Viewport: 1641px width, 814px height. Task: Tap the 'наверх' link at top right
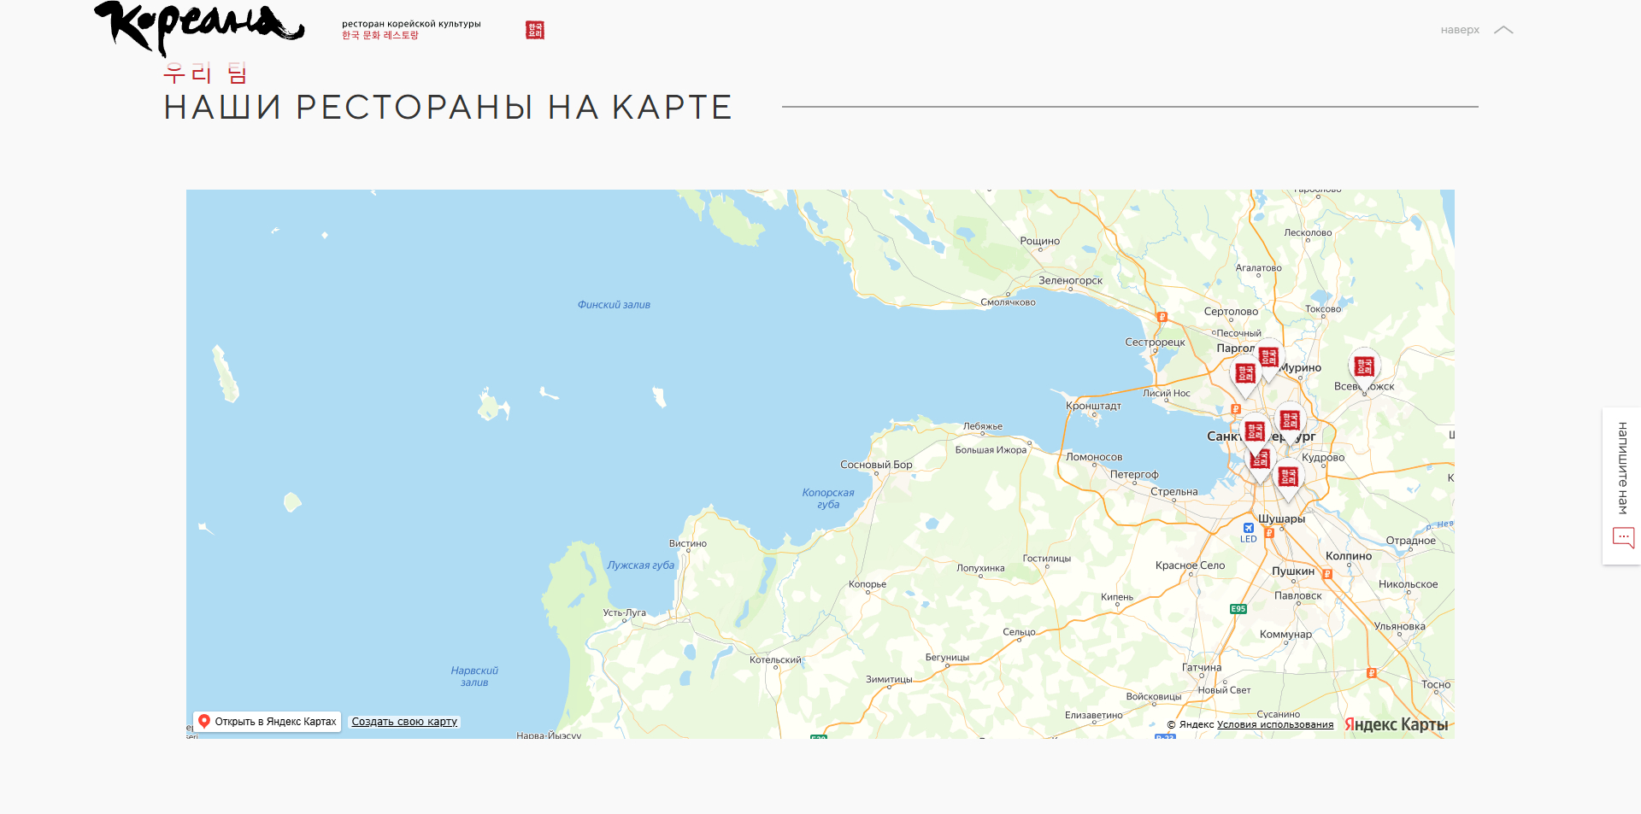pyautogui.click(x=1475, y=30)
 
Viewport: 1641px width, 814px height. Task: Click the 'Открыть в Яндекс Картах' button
pyautogui.click(x=268, y=722)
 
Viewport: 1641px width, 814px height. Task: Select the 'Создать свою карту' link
pyautogui.click(x=404, y=722)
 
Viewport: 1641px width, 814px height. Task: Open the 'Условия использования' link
pyautogui.click(x=1274, y=725)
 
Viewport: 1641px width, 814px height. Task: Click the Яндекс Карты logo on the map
pyautogui.click(x=1396, y=724)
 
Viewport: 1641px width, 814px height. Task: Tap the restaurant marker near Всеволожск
pyautogui.click(x=1364, y=367)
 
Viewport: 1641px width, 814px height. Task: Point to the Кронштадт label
pyautogui.click(x=1093, y=406)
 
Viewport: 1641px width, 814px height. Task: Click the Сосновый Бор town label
pyautogui.click(x=876, y=465)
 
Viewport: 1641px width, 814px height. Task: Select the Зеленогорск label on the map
pyautogui.click(x=1070, y=280)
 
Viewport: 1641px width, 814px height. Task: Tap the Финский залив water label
pyautogui.click(x=614, y=305)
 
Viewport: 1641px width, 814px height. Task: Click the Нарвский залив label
pyautogui.click(x=474, y=676)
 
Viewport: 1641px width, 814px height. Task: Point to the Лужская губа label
pyautogui.click(x=640, y=565)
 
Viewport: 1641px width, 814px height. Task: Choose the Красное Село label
pyautogui.click(x=1190, y=565)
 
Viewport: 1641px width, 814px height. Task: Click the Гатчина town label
pyautogui.click(x=1202, y=668)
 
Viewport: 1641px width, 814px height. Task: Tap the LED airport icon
pyautogui.click(x=1249, y=529)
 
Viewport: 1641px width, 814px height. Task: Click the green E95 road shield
pyautogui.click(x=1238, y=609)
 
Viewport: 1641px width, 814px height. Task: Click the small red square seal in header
pyautogui.click(x=535, y=30)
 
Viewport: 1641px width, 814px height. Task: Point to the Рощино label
pyautogui.click(x=1039, y=241)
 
